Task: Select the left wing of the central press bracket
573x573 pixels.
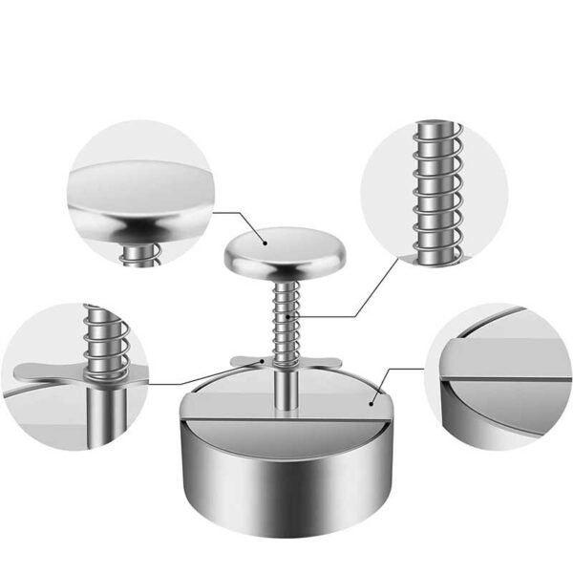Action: tap(247, 362)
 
